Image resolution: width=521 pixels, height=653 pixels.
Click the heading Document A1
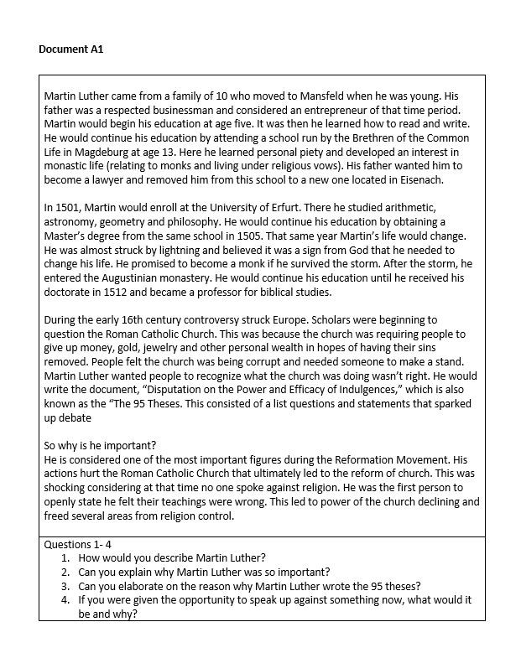point(70,49)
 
